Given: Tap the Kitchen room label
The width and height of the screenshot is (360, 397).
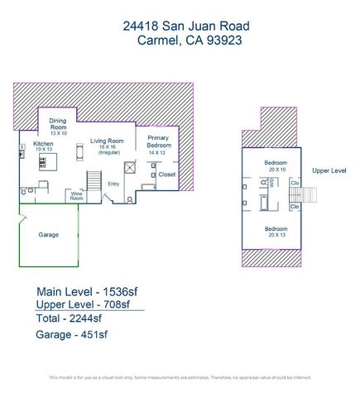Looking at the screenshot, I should (x=43, y=145).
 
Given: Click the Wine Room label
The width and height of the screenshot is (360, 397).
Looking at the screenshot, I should (x=77, y=197).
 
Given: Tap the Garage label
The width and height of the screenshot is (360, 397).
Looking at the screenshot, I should (x=48, y=235).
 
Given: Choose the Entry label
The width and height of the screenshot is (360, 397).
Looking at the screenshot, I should (x=114, y=184).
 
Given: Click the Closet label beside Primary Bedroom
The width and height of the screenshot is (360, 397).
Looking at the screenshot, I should (x=166, y=175).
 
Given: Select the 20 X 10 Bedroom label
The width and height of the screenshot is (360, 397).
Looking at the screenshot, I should (x=276, y=165).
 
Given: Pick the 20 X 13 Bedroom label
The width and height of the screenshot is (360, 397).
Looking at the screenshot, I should (x=276, y=231).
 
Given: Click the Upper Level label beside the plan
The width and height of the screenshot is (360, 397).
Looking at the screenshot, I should (x=329, y=170).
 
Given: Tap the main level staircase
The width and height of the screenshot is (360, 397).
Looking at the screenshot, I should (x=94, y=179).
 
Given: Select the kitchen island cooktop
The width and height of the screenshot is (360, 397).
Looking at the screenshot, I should (x=43, y=161).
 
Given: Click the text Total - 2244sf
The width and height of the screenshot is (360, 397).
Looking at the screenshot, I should (x=70, y=318).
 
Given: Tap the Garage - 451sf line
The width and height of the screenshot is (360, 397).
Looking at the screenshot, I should (x=72, y=335).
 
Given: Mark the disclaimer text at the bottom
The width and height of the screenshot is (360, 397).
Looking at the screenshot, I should (x=180, y=377).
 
